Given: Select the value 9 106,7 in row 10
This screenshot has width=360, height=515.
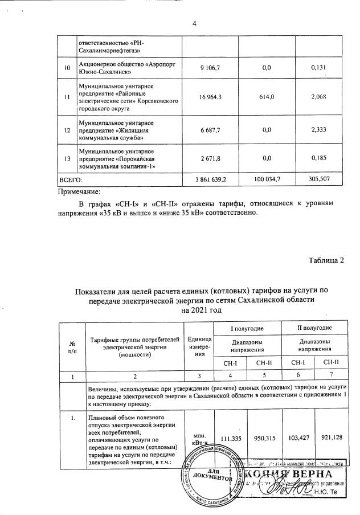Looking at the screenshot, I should pyautogui.click(x=210, y=68).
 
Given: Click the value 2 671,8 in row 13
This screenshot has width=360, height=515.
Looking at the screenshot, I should pyautogui.click(x=210, y=158).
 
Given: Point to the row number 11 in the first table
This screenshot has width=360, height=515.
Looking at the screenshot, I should pyautogui.click(x=67, y=97).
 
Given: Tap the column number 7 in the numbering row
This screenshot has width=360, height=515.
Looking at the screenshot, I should pyautogui.click(x=330, y=376).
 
